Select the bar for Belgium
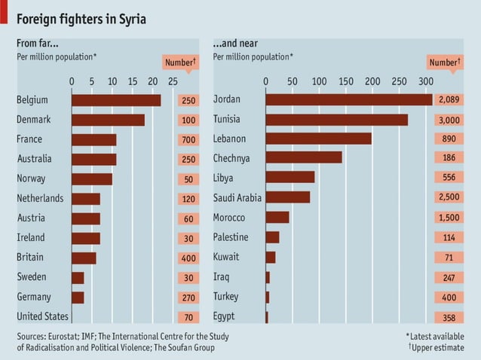pos(116,100)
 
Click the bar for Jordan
pos(348,100)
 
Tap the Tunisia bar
pos(336,120)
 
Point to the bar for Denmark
pos(108,120)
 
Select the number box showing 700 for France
pos(188,140)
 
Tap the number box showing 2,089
pos(449,100)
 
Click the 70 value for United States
pos(188,318)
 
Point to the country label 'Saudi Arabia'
pos(237,197)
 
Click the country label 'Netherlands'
pos(40,198)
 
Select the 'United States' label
pos(42,316)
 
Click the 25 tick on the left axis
pos(173,81)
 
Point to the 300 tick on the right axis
pos(425,81)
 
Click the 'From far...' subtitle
pos(38,44)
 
